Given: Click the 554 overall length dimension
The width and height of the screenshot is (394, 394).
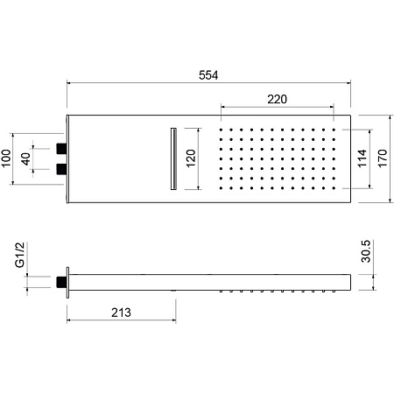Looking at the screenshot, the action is (208, 75).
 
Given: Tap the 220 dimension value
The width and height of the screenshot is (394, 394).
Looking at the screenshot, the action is (277, 99).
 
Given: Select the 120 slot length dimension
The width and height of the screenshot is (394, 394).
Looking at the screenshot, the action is (191, 158).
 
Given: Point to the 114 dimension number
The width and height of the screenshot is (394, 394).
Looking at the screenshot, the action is (362, 158).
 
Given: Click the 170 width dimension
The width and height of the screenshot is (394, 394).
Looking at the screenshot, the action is (383, 158).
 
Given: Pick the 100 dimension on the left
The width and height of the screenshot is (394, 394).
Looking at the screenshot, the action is (6, 158).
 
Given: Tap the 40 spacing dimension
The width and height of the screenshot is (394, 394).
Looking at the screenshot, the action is (25, 158).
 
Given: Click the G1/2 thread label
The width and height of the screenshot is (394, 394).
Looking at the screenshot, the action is (20, 255).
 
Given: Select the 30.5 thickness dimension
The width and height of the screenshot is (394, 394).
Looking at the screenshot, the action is (366, 251).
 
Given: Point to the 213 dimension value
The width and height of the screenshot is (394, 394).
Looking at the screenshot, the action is (121, 313).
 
